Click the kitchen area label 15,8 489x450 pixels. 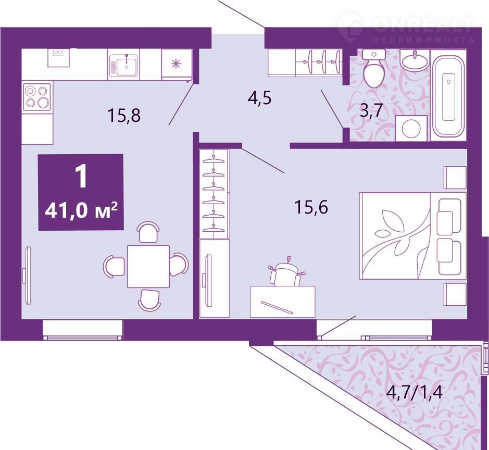pyautogui.click(x=124, y=115)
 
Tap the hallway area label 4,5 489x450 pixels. pyautogui.click(x=260, y=98)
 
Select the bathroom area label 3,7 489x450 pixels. pyautogui.click(x=371, y=110)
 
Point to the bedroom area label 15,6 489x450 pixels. pyautogui.click(x=311, y=207)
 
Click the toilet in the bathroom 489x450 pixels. pyautogui.click(x=374, y=68)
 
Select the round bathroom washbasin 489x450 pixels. pyautogui.click(x=414, y=60)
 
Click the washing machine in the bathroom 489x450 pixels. pyautogui.click(x=411, y=128)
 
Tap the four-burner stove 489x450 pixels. pyautogui.click(x=37, y=97)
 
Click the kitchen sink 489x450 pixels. pyautogui.click(x=123, y=66)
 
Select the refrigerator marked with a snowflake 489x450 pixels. pyautogui.click(x=177, y=64)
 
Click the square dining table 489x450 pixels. pyautogui.click(x=148, y=266)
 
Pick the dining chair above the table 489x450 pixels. pyautogui.click(x=148, y=232)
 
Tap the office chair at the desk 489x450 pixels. pyautogui.click(x=285, y=272)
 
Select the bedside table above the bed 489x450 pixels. pyautogui.click(x=455, y=177)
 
